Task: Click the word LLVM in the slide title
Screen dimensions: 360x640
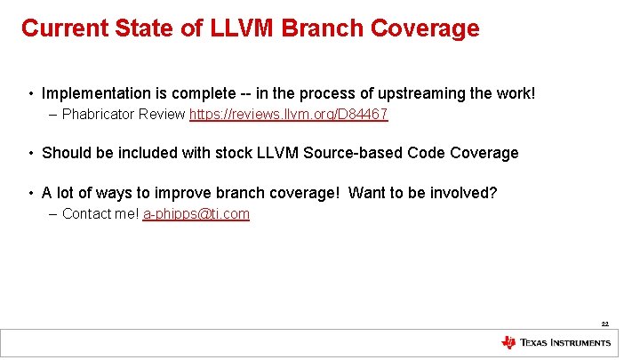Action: [x=246, y=28]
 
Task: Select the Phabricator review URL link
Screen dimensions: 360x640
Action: [x=289, y=115]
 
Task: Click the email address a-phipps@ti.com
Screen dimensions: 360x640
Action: [x=196, y=214]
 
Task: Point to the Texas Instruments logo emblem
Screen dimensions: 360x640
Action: [x=508, y=342]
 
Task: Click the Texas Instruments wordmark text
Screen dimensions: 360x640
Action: [x=565, y=342]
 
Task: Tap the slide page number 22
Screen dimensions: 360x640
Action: [x=605, y=324]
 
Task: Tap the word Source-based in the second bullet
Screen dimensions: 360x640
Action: [x=354, y=153]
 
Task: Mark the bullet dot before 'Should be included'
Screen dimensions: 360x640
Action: [x=31, y=154]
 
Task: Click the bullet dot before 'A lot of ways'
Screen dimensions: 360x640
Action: [x=31, y=194]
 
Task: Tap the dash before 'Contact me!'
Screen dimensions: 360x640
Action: [x=55, y=214]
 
